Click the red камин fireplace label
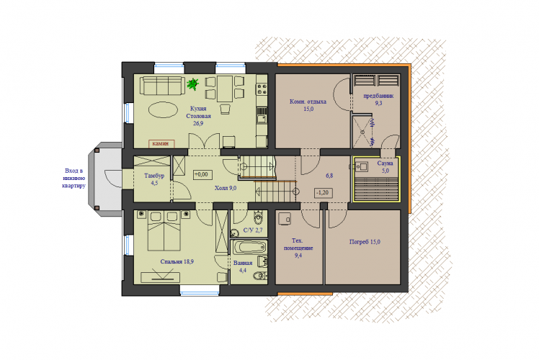161,143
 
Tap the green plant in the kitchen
193,84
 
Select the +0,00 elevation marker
202,174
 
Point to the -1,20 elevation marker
323,193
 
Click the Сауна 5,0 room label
385,167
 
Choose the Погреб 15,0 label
365,242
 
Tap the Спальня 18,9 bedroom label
177,262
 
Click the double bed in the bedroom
164,231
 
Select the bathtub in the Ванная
249,247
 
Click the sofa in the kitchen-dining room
162,86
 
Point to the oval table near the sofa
163,110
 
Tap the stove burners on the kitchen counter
262,89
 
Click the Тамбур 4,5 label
154,179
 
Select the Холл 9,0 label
226,188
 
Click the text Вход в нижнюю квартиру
74,179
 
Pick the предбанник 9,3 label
378,99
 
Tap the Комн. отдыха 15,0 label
308,105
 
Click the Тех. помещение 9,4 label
298,248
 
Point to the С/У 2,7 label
253,230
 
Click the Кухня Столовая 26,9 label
198,116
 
